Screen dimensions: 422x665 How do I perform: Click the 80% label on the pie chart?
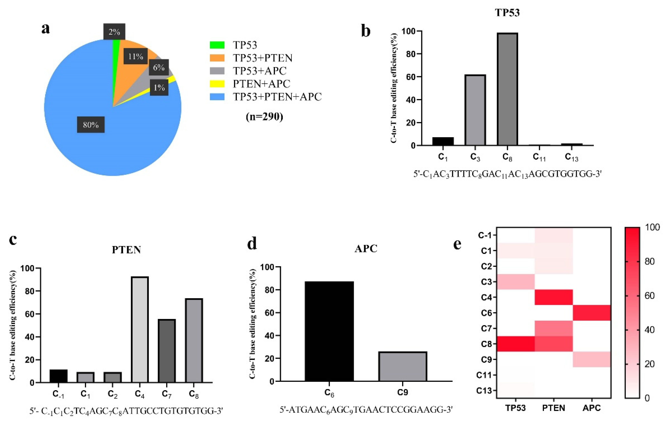[91, 125]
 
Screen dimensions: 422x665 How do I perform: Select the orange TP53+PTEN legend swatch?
[217, 58]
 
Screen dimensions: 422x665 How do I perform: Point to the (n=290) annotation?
[264, 117]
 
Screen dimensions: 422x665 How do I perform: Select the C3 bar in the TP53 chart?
[475, 110]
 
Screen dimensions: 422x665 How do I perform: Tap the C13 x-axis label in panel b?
[571, 157]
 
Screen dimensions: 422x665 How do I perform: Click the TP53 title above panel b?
[507, 13]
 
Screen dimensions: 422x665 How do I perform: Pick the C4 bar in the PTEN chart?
[140, 329]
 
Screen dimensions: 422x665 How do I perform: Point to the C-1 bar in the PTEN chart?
[59, 376]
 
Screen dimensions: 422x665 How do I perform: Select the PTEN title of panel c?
[126, 249]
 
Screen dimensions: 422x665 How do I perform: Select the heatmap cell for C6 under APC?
[592, 313]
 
